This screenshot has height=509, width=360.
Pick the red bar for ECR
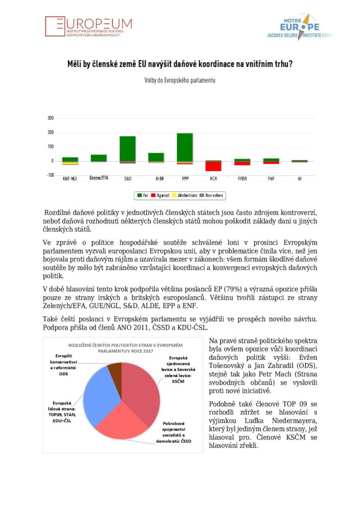[213, 166]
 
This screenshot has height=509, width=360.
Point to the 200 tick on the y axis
[50, 133]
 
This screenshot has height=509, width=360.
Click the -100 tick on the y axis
[50, 175]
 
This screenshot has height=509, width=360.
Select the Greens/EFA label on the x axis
[98, 177]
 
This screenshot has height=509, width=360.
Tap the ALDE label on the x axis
[156, 178]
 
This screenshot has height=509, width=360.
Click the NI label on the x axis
[299, 178]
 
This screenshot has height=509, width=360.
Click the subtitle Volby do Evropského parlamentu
[180, 80]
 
